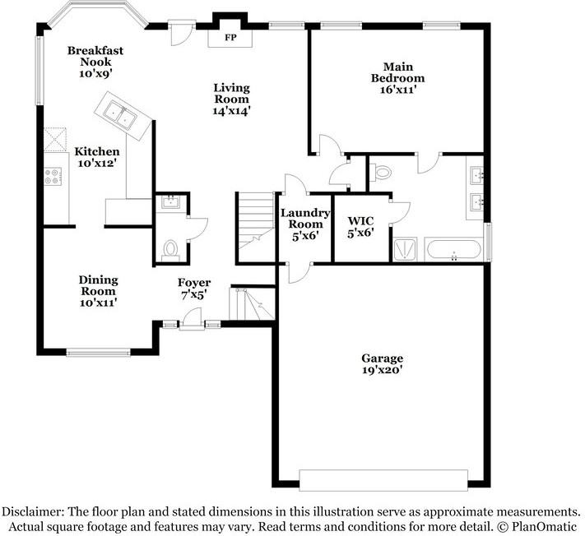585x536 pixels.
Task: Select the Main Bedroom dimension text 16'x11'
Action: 403,90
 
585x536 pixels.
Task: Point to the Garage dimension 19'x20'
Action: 383,370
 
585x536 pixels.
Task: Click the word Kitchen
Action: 97,151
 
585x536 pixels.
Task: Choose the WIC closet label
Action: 361,221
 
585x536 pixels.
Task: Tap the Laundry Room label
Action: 305,218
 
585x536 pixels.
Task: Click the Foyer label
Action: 195,283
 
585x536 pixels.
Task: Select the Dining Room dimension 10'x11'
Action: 97,303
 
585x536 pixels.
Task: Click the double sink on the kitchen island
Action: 120,116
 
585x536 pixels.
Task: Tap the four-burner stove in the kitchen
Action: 53,176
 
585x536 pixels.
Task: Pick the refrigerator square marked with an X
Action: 54,139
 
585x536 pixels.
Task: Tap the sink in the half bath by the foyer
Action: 171,203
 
